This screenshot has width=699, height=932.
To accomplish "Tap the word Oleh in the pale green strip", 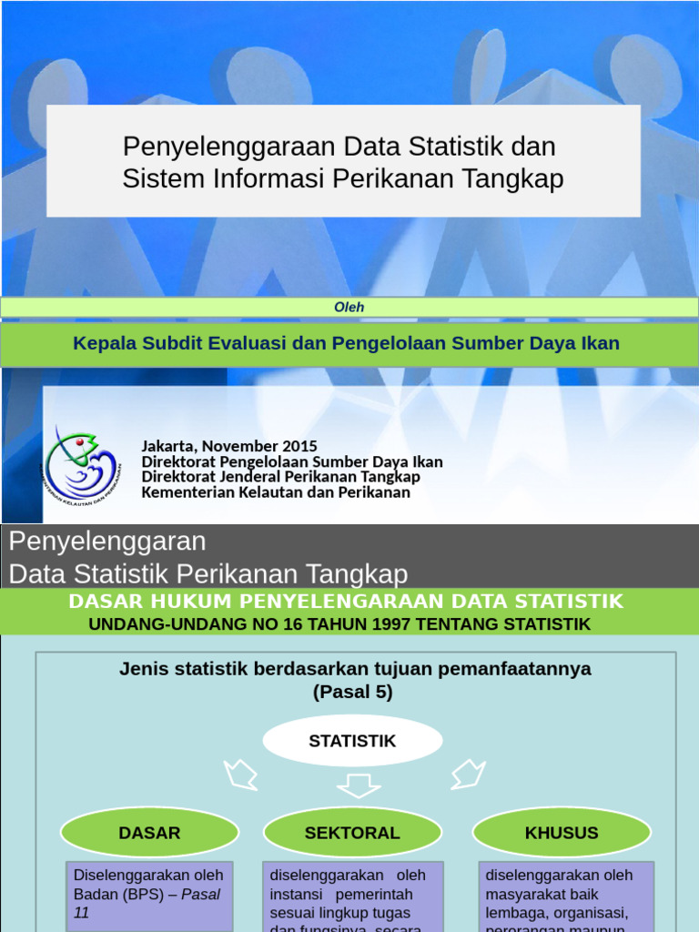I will point(349,308).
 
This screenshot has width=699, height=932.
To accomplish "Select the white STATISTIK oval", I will point(352,741).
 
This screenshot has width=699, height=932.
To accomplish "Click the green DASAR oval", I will point(149,833).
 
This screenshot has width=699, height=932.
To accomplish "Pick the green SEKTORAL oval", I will point(352,833).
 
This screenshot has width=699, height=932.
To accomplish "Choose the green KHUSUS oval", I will point(562,833).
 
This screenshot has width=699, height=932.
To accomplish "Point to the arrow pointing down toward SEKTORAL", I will point(358,783).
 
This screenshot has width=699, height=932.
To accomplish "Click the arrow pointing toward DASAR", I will point(241,775).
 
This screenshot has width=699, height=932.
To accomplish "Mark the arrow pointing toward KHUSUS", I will point(468,775).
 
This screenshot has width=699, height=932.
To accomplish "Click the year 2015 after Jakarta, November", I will point(299,446).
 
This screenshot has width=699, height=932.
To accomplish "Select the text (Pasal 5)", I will point(353,692).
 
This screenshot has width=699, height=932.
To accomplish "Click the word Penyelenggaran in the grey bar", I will point(107,542).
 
